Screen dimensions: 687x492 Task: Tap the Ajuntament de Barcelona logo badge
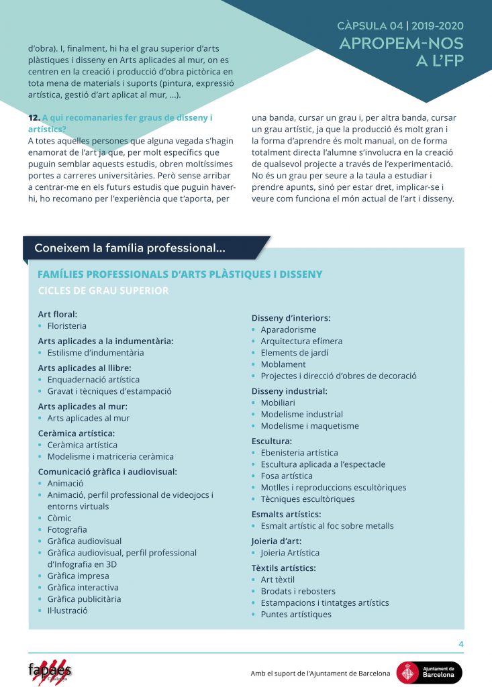pos(429,672)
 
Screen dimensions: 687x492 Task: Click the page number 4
pos(461,645)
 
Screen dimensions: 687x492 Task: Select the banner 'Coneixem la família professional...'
pos(130,248)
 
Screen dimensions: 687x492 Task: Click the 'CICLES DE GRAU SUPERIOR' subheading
pos(103,290)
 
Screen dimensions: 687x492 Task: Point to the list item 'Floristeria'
pos(67,326)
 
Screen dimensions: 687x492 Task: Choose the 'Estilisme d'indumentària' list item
pos(95,353)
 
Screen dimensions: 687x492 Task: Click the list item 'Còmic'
pos(59,518)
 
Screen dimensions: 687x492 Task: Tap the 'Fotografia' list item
pos(67,529)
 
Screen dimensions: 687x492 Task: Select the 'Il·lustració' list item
pos(68,611)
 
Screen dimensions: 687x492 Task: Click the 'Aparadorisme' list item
pos(288,330)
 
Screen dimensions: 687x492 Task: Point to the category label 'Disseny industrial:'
pos(289,391)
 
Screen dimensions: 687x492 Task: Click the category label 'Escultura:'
pos(271,441)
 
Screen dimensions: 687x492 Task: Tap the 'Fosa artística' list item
pos(287,476)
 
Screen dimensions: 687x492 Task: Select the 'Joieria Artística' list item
pos(290,553)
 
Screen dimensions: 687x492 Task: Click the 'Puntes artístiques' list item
pos(296,614)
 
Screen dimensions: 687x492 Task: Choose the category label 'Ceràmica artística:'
pos(76,433)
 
